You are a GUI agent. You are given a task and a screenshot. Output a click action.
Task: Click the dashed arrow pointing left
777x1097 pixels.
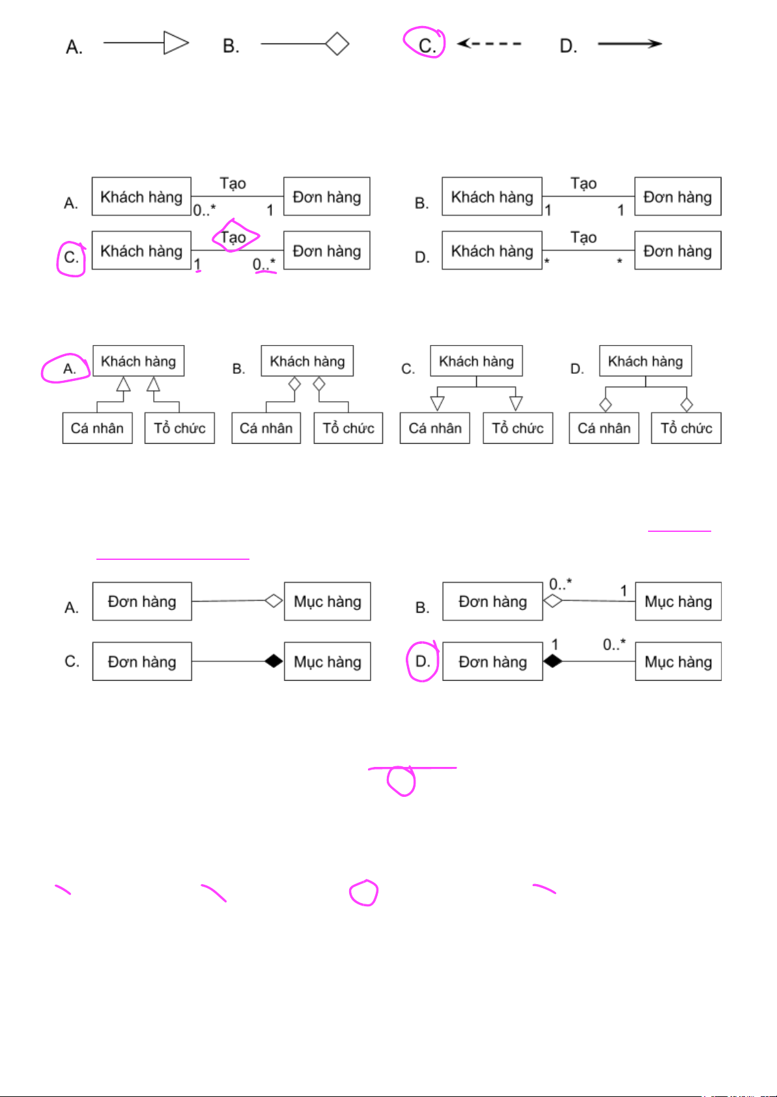tap(488, 44)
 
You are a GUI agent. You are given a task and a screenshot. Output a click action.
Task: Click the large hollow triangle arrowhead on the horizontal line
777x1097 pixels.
tap(175, 43)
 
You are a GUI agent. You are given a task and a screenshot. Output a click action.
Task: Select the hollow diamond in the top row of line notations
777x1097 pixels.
tap(337, 44)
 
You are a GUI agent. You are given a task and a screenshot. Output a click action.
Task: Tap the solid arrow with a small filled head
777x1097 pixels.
tap(629, 44)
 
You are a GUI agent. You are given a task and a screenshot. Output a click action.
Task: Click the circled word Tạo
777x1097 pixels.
tap(233, 237)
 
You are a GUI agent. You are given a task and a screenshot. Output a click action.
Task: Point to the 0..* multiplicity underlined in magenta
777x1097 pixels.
tap(264, 264)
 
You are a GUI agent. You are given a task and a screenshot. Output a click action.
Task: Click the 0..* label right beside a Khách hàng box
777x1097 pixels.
tap(205, 210)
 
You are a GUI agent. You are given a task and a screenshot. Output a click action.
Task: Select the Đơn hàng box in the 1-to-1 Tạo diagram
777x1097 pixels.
tap(677, 197)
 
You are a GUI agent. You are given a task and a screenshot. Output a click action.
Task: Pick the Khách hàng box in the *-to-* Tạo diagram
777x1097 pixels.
tap(492, 251)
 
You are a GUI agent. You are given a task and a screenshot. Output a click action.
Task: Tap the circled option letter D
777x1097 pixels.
tap(422, 661)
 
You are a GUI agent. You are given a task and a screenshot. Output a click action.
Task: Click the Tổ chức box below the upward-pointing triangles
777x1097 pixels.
tap(179, 428)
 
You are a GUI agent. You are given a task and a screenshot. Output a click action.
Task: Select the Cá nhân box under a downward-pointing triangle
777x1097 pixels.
tap(434, 428)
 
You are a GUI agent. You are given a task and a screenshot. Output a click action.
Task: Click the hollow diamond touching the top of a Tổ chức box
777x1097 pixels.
tap(686, 405)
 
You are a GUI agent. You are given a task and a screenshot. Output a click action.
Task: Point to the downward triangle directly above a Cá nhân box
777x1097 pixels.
tap(438, 403)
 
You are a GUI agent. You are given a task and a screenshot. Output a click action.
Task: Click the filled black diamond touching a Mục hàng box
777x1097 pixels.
tap(274, 661)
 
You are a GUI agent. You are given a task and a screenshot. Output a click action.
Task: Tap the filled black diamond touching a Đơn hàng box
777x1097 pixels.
tap(552, 661)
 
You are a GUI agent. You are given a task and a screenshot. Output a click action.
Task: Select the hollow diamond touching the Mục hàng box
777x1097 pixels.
tap(274, 600)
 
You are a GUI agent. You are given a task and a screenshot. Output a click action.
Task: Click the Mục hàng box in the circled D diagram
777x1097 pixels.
tap(678, 661)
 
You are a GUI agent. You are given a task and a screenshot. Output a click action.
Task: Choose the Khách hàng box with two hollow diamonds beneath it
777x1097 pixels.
tap(307, 361)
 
